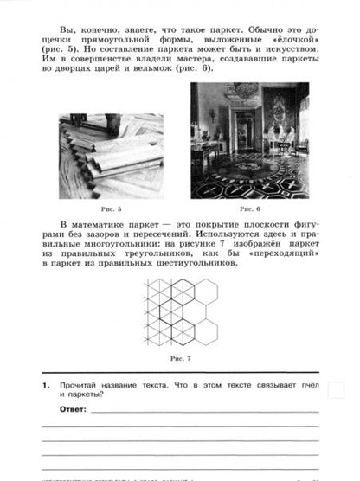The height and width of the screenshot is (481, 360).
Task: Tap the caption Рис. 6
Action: pyautogui.click(x=249, y=208)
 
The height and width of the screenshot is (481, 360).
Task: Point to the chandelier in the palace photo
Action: pyautogui.click(x=245, y=91)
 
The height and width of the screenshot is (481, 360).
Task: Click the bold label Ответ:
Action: pyautogui.click(x=74, y=407)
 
